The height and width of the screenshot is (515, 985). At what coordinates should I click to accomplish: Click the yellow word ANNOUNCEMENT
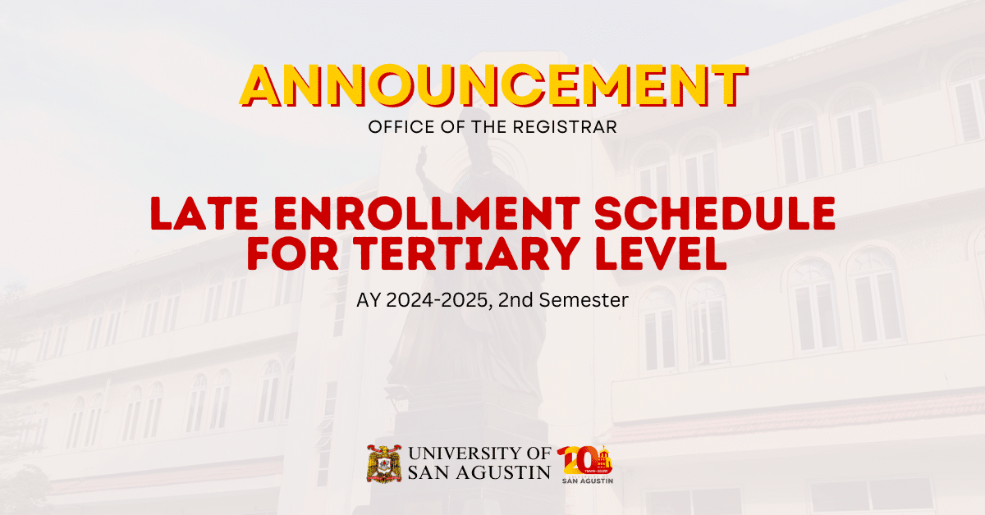point(492,85)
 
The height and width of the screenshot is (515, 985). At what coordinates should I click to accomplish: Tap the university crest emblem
point(383,463)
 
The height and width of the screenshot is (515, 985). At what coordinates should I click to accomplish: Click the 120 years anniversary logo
point(584,463)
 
